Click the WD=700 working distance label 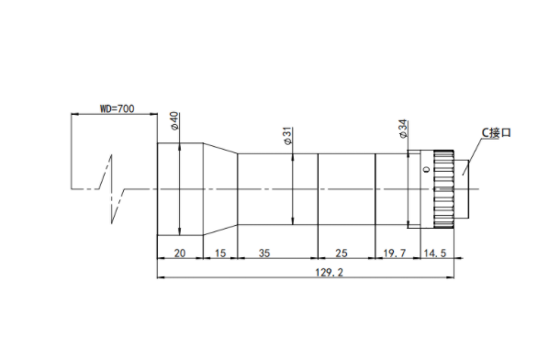click(x=117, y=108)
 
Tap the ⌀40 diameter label click(x=174, y=121)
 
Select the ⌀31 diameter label click(x=287, y=136)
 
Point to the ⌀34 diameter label click(x=403, y=129)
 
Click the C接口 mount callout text click(x=497, y=133)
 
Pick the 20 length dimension click(x=180, y=253)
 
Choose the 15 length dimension click(x=220, y=253)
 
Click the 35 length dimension click(x=264, y=253)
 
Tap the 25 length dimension click(x=342, y=253)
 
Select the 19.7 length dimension click(x=395, y=253)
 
